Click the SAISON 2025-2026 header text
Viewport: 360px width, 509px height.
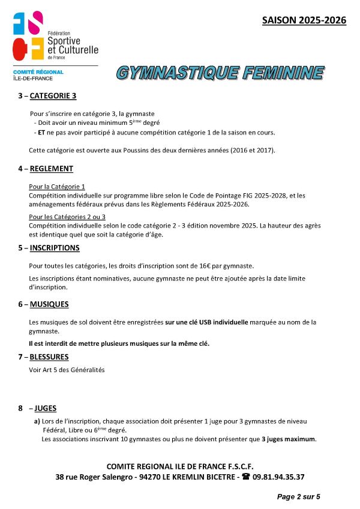tap(304, 20)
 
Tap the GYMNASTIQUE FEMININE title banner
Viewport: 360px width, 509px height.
tap(220, 73)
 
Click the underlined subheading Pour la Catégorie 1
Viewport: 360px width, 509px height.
tap(57, 187)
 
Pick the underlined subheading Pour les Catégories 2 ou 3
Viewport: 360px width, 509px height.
tap(67, 217)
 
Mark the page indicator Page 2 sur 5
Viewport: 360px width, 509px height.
tap(298, 496)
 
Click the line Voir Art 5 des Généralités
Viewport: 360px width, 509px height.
tap(67, 370)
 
